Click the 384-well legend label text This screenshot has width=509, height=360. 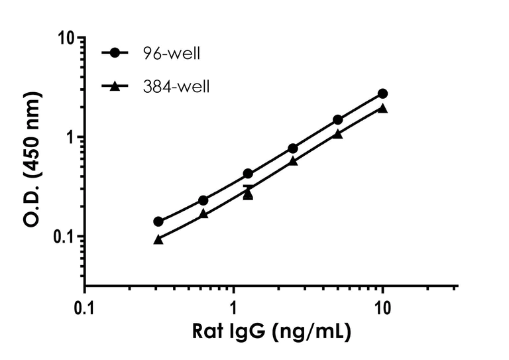(178, 87)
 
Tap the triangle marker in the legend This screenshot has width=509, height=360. (117, 86)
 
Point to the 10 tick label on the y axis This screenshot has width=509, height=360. (64, 38)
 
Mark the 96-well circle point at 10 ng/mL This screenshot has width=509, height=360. (382, 93)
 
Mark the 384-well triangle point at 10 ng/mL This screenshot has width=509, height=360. (382, 108)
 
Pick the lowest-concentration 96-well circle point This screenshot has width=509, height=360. (158, 221)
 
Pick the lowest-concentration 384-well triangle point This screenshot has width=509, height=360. (158, 239)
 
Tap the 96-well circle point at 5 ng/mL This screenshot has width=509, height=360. (338, 119)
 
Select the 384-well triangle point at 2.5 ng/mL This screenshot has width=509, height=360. (293, 161)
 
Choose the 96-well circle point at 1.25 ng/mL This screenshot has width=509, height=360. (248, 174)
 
